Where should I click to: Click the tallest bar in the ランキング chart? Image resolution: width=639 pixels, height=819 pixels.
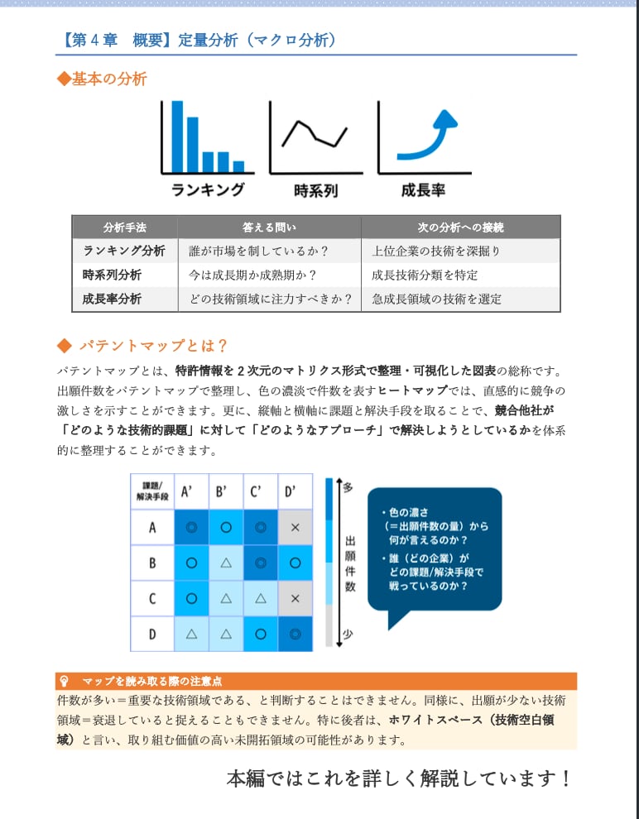[176, 135]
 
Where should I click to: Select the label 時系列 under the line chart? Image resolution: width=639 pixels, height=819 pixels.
[315, 191]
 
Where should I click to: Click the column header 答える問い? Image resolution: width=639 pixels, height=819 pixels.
[269, 227]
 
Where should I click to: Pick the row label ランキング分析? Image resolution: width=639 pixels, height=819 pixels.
[124, 251]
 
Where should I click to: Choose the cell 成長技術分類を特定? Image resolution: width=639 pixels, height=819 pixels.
[425, 275]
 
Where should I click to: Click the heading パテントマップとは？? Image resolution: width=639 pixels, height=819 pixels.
[152, 345]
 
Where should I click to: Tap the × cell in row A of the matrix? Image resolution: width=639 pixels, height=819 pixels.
[295, 527]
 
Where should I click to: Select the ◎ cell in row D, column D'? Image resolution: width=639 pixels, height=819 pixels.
[295, 635]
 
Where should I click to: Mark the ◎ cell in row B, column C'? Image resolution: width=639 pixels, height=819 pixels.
[261, 563]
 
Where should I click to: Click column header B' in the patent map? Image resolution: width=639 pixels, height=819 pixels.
[222, 491]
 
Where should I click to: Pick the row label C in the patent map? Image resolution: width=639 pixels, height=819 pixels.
[152, 599]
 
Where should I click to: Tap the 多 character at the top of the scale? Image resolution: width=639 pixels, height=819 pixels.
[348, 487]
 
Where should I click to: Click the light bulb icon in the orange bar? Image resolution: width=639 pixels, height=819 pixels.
[64, 682]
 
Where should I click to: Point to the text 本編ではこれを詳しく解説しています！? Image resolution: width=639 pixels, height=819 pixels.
[399, 778]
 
